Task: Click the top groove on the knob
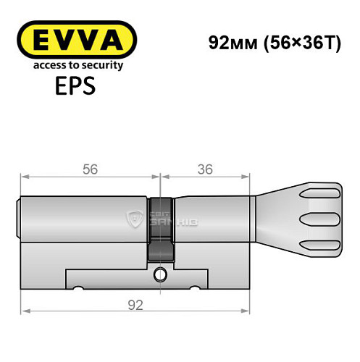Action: click(x=322, y=194)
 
